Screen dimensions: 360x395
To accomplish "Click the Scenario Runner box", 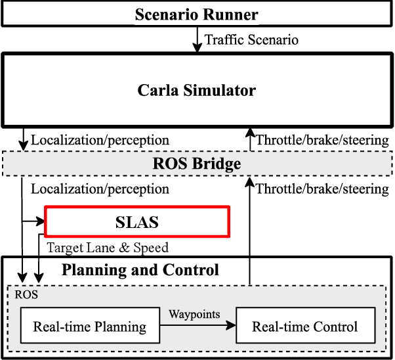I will click(197, 14).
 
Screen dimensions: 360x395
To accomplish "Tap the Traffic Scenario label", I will click(251, 40).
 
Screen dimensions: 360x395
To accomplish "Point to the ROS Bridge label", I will click(197, 164).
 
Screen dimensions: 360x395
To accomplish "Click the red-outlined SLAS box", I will click(136, 222).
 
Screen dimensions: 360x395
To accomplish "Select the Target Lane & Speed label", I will click(108, 248).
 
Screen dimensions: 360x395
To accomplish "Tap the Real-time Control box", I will click(305, 326).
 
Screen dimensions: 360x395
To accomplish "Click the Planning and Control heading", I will click(140, 270).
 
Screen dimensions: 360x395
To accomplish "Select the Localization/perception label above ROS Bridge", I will click(100, 140).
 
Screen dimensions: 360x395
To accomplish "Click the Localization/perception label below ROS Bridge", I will click(100, 189).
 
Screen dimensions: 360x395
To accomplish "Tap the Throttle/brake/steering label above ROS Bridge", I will click(322, 140).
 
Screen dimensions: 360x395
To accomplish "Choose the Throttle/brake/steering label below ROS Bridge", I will click(322, 189).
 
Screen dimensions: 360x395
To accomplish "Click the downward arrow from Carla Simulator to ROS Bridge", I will click(24, 139).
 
